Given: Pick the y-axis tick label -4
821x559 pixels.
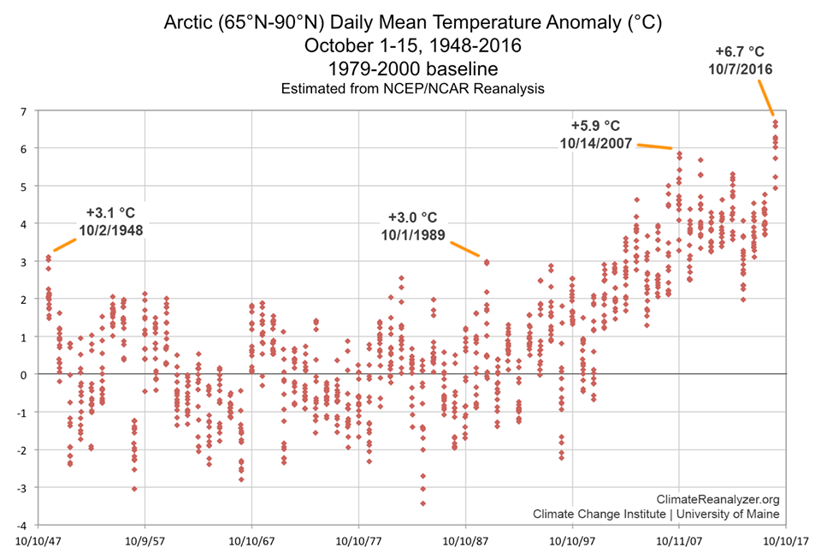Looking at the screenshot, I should (x=24, y=525).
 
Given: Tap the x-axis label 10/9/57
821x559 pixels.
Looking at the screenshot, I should (x=145, y=542).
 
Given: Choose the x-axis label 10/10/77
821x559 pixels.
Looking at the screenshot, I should (x=358, y=542).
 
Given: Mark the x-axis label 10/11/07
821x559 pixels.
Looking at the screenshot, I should (x=679, y=542).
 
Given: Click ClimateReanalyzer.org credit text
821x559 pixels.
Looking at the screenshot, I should (x=718, y=499).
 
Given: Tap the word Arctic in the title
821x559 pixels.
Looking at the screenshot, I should (x=190, y=23).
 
